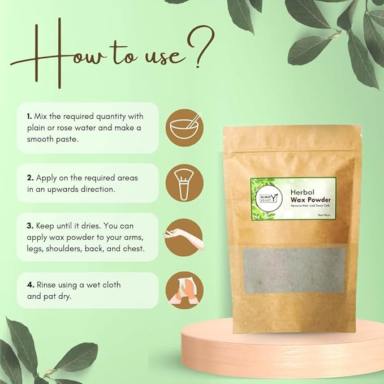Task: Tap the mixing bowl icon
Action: pos(182,125)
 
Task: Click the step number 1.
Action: pos(29,115)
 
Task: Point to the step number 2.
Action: pos(29,178)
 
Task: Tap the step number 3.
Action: pos(29,226)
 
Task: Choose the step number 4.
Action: pos(29,284)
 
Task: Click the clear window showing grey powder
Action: pos(294,271)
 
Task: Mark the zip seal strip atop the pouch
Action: pos(288,136)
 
